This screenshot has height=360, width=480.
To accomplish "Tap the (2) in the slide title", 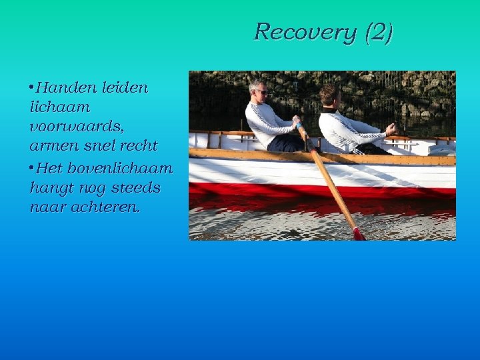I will [x=379, y=32].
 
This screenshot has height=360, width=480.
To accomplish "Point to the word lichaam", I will [x=60, y=107].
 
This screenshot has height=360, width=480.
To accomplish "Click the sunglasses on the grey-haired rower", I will [x=261, y=91].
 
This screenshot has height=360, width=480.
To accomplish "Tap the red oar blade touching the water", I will [x=359, y=234].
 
